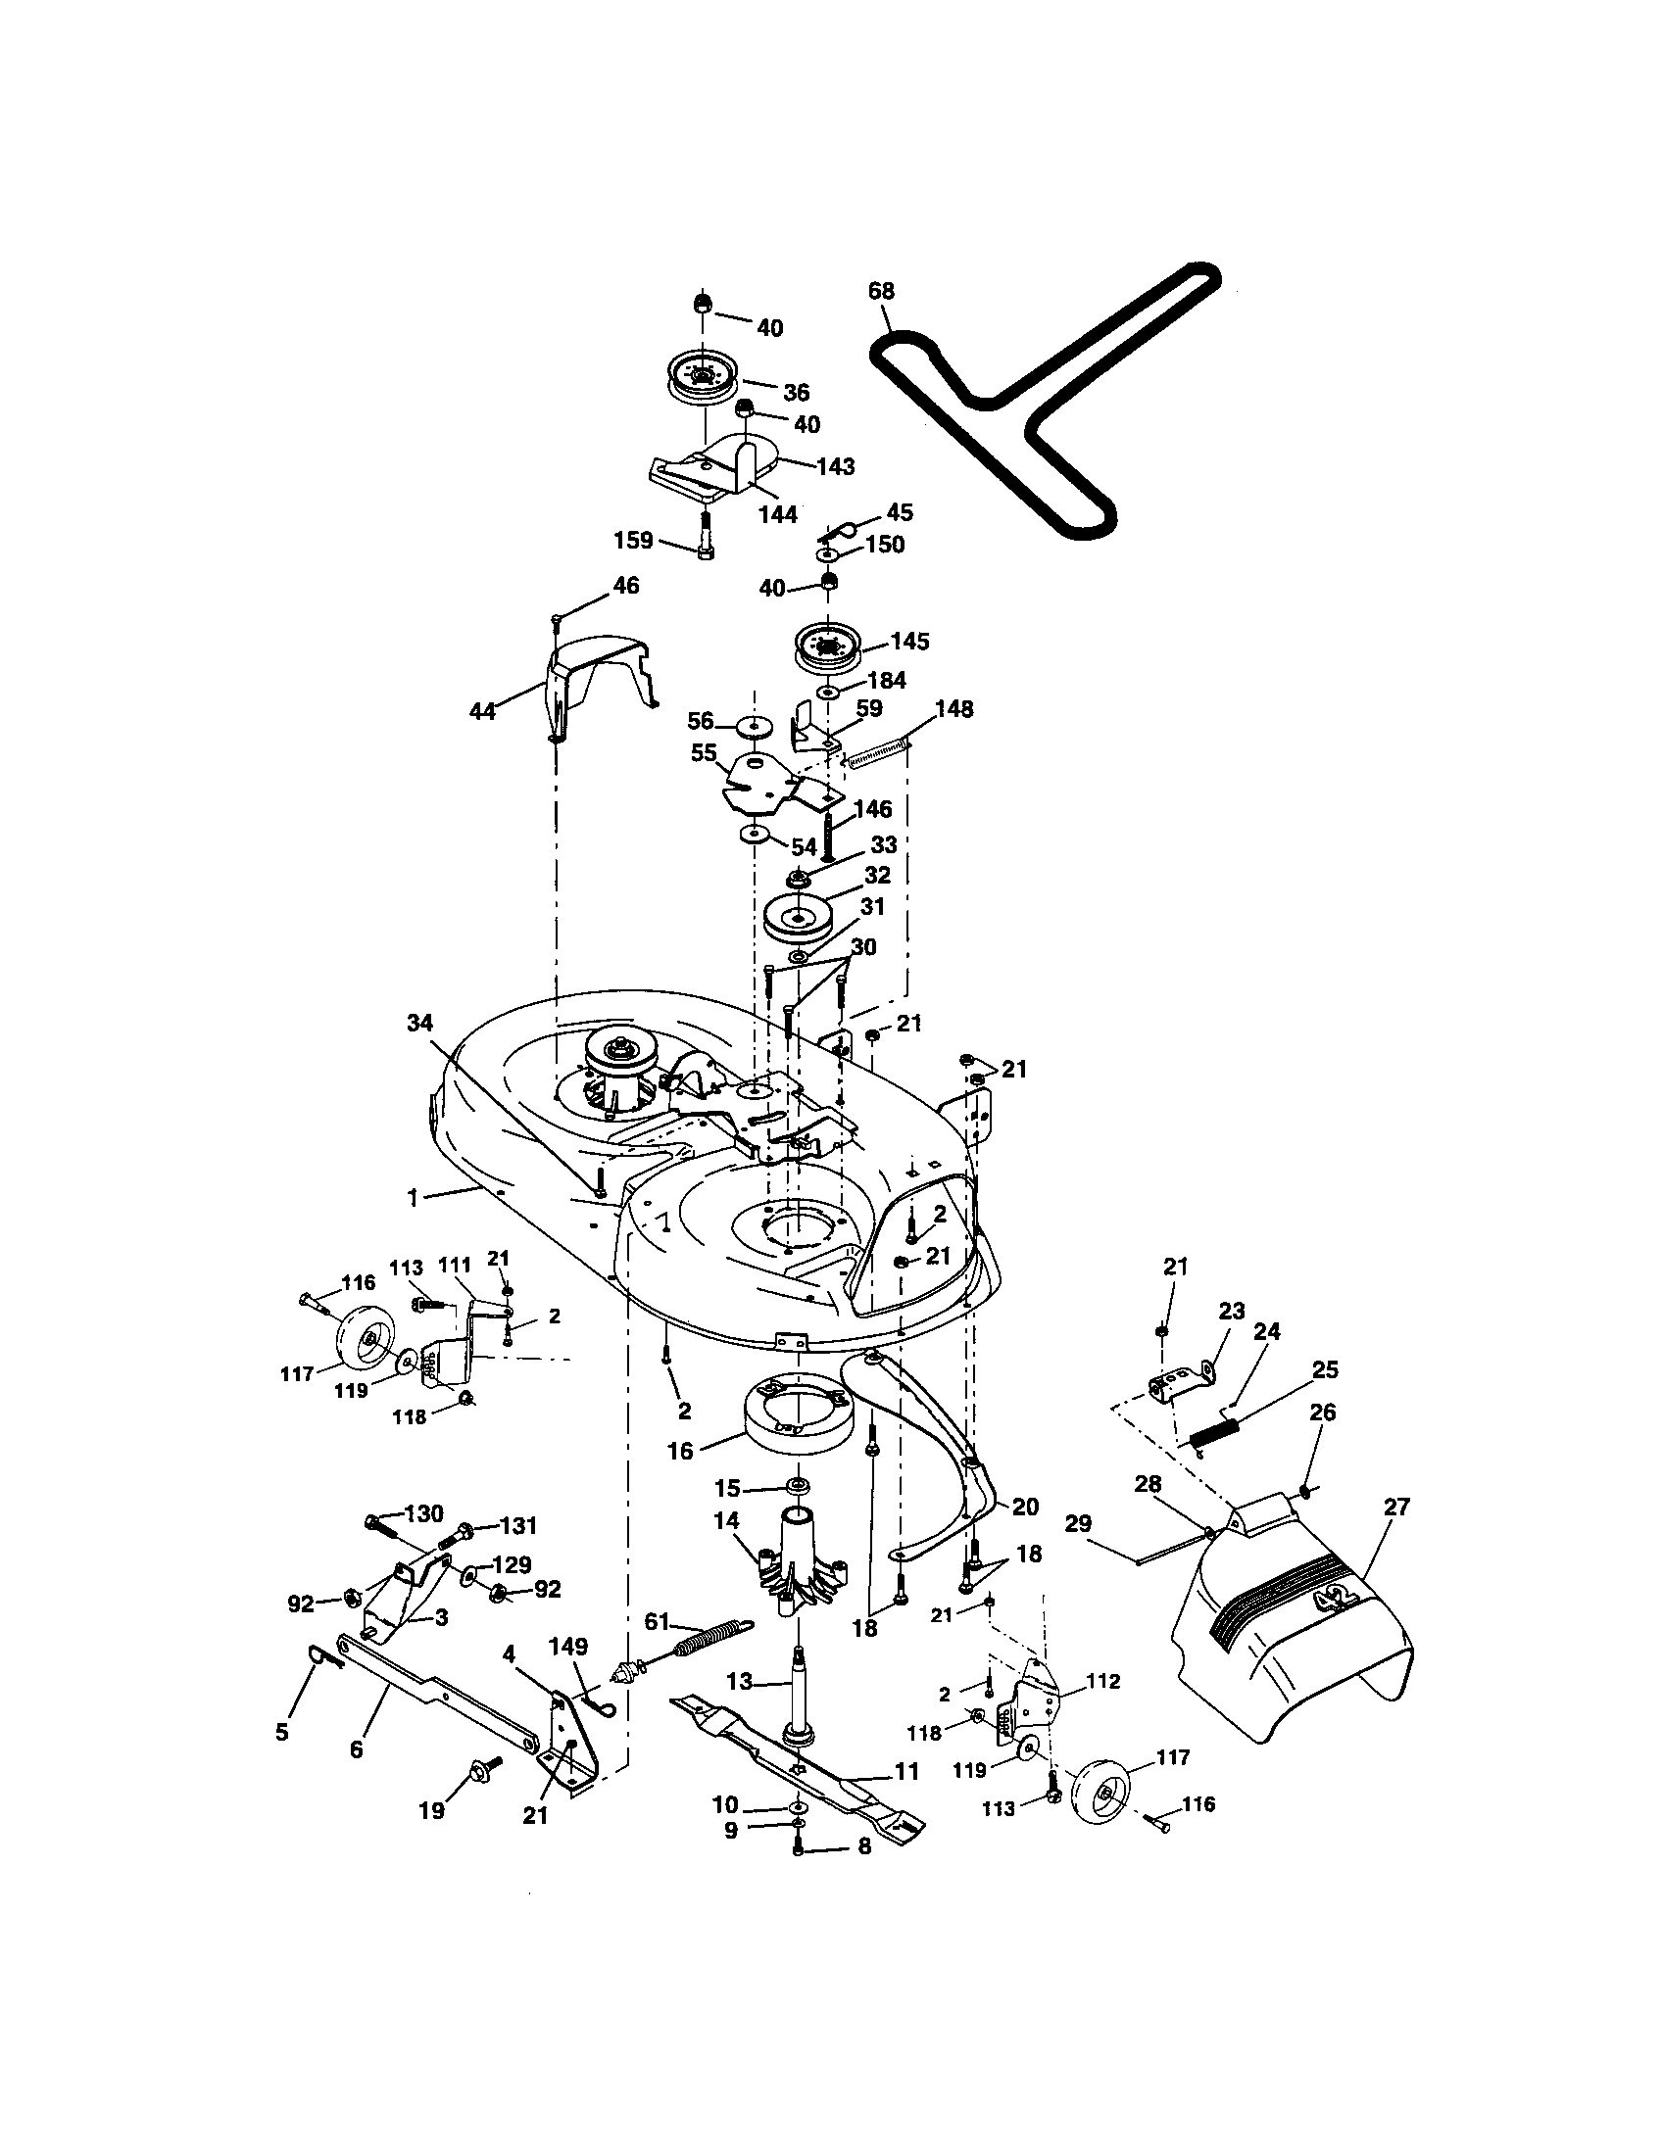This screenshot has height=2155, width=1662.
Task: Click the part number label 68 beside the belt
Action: (880, 291)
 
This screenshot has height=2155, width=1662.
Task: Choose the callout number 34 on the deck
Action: (419, 1024)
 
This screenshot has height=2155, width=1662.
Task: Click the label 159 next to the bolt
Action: (633, 540)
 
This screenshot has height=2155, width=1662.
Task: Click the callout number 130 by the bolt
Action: (424, 1513)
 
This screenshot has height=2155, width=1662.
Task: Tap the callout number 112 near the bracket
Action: (1102, 1681)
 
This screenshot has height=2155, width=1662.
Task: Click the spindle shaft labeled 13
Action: (798, 1693)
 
